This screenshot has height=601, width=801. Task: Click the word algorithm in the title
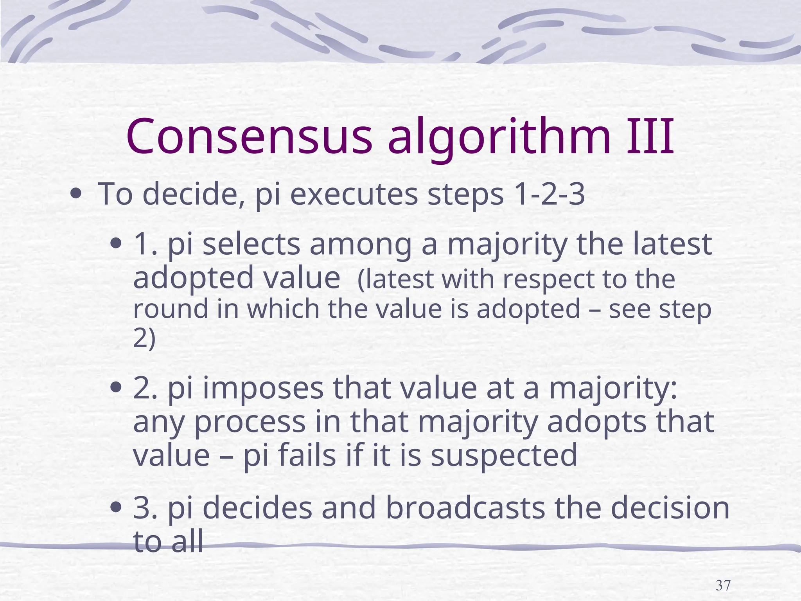[499, 137]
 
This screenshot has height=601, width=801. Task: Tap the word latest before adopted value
[672, 244]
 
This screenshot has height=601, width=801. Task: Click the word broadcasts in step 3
[465, 507]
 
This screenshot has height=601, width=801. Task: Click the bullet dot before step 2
[116, 388]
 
